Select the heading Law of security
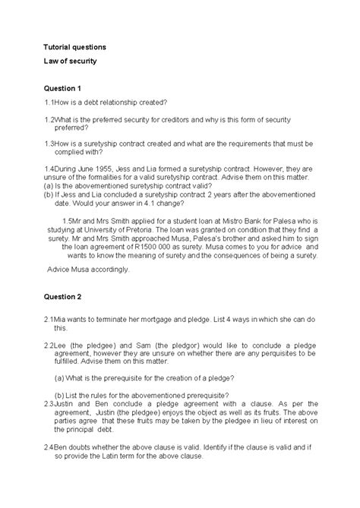[x=70, y=61]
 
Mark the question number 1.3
[x=51, y=143]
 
